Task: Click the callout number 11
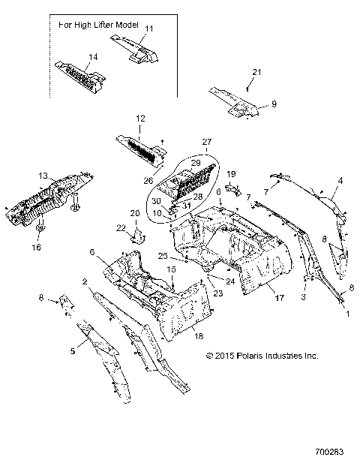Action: pos(148,29)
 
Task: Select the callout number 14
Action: pos(94,57)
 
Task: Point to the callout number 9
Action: pos(274,104)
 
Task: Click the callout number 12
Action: pos(139,119)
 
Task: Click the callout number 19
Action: pos(232,174)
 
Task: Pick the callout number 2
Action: pos(85,281)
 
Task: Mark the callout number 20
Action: pos(136,213)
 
